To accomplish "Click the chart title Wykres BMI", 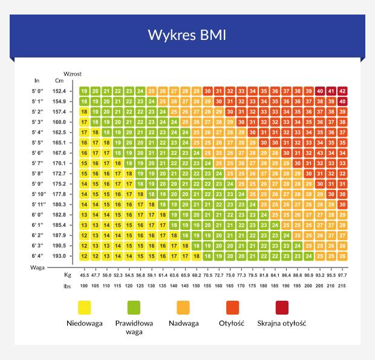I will [187, 34].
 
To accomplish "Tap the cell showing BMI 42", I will [343, 91].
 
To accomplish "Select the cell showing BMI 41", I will [331, 91].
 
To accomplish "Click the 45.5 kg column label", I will [84, 275].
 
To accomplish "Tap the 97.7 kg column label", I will [343, 275].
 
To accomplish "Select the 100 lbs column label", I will [84, 285].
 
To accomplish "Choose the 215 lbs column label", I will [343, 285].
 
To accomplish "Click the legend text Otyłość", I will [232, 323].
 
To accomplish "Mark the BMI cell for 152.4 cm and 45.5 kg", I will [84, 91].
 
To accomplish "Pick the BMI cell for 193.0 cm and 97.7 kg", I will [343, 256].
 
